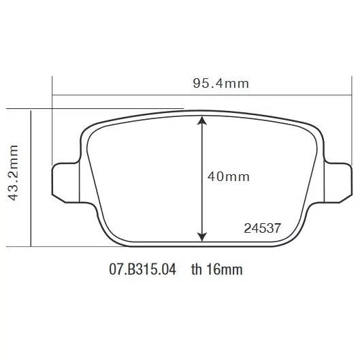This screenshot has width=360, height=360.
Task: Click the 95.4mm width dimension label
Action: click(x=221, y=83)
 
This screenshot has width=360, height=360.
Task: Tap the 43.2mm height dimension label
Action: click(x=13, y=173)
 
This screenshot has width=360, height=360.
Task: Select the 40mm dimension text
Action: click(x=229, y=177)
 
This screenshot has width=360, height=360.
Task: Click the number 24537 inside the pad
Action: click(x=263, y=228)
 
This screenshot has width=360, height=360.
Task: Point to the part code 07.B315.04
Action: click(x=143, y=269)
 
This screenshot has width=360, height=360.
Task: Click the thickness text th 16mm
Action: click(x=216, y=269)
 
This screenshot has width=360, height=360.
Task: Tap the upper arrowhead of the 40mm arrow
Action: click(x=202, y=120)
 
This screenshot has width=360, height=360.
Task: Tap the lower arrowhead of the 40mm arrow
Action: click(x=202, y=237)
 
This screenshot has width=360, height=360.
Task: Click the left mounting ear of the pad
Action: click(x=66, y=183)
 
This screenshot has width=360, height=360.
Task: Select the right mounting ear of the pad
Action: click(x=338, y=183)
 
